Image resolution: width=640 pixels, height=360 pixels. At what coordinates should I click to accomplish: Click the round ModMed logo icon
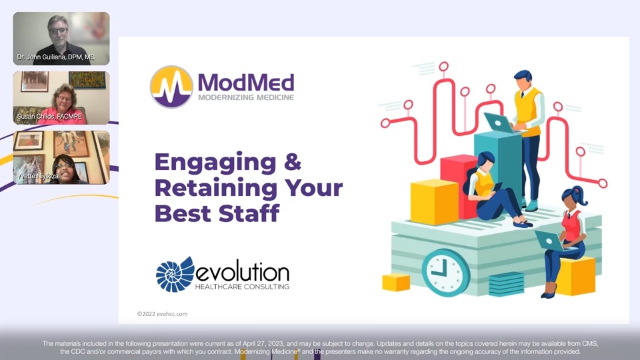[x=172, y=87]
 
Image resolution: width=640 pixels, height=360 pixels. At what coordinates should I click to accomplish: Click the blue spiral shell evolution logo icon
[x=175, y=275]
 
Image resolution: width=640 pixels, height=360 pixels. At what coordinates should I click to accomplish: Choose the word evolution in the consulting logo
[x=243, y=272]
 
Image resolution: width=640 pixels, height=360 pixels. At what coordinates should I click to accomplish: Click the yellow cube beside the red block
[x=434, y=201]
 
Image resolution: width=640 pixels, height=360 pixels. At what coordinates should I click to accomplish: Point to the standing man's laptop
[x=498, y=122]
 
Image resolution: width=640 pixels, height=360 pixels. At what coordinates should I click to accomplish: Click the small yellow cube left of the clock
[x=396, y=281]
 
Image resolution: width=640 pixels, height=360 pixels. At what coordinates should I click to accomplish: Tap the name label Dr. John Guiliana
[x=56, y=58]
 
